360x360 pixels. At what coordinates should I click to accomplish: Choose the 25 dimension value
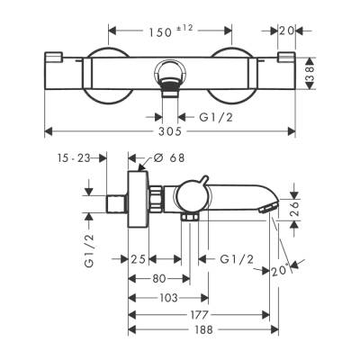pyautogui.click(x=138, y=260)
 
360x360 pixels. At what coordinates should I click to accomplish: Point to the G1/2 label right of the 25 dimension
pyautogui.click(x=236, y=260)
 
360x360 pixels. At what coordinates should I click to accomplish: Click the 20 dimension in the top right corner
pyautogui.click(x=286, y=31)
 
